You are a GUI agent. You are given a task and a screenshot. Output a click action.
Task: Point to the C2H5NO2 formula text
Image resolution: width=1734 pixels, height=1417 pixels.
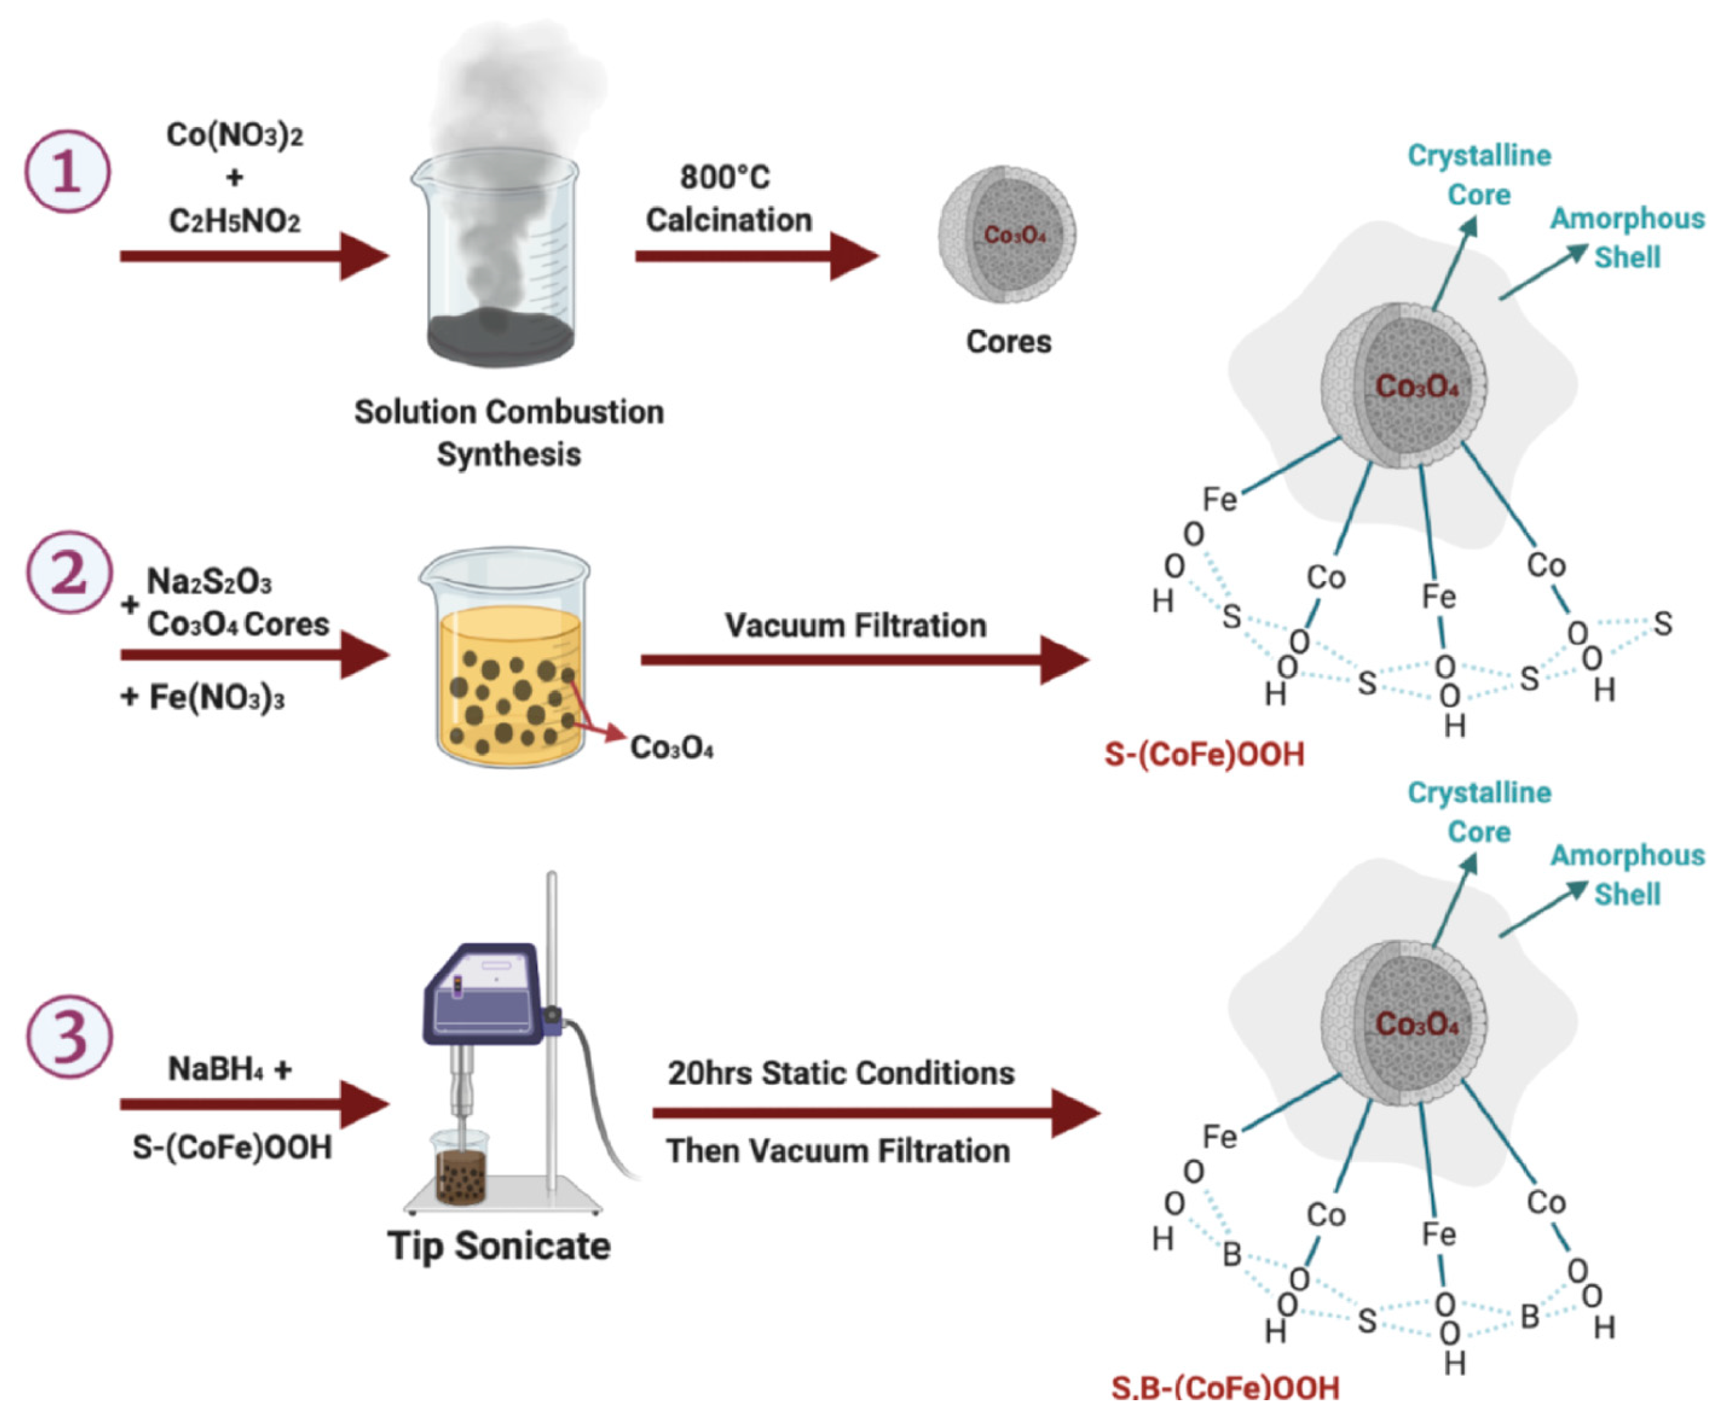234,221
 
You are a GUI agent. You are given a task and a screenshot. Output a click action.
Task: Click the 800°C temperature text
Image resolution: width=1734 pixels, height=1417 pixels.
724,177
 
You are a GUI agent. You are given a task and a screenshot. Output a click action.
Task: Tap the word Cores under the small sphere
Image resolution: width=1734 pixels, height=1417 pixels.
1009,341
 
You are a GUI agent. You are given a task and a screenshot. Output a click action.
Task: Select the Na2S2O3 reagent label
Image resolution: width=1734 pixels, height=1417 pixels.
209,582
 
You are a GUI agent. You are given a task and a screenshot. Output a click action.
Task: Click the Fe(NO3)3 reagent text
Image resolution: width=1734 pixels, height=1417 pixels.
216,698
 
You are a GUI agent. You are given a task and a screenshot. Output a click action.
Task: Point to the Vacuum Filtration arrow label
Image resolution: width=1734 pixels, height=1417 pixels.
855,625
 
